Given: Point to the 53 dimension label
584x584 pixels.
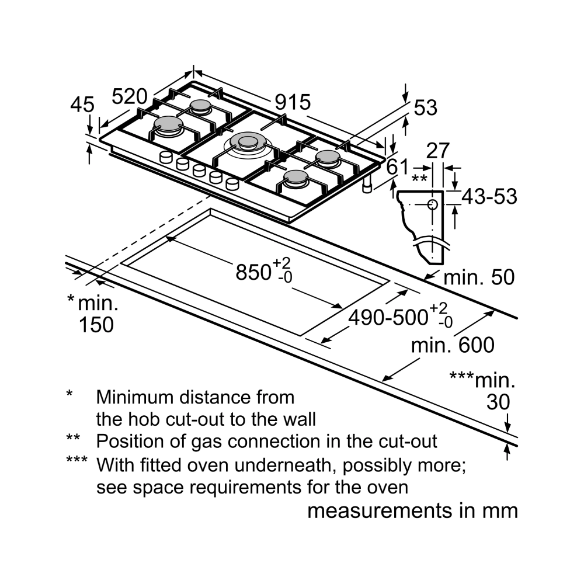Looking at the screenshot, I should point(425,107).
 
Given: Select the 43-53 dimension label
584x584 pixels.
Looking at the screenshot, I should point(489,197).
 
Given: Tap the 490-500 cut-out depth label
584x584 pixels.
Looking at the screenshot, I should point(388,317).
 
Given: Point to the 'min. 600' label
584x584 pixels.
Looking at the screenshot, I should point(452,345).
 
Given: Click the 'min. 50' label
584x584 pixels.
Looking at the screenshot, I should point(479,277).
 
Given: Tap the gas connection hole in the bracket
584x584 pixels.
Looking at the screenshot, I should point(432,204).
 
